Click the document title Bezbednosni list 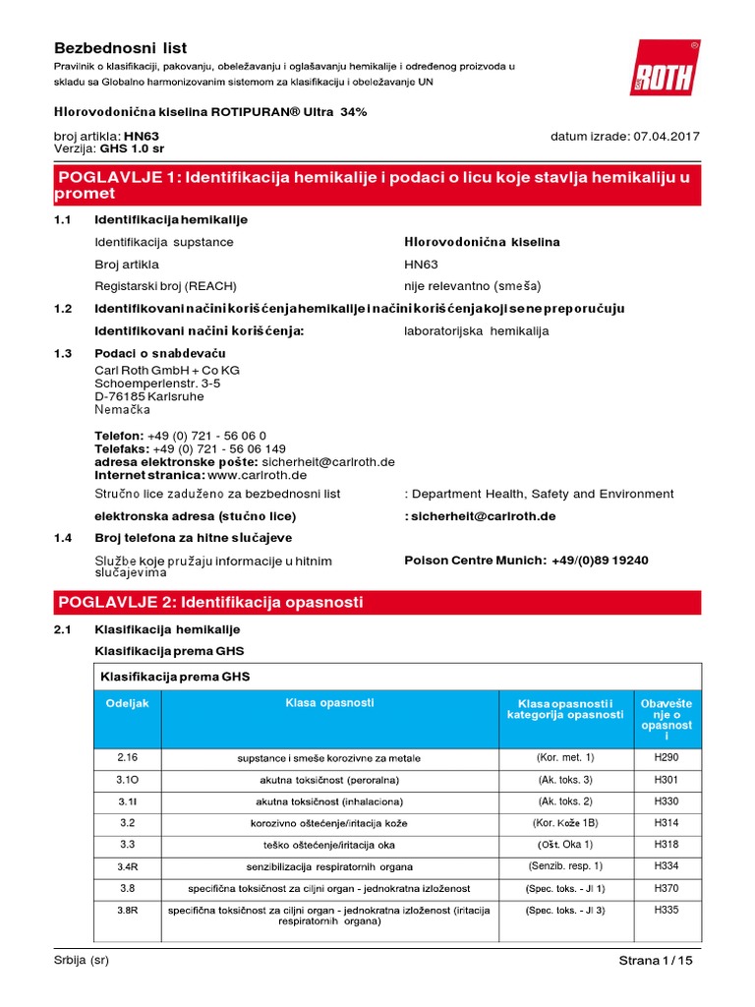119,47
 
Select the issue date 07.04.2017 664,136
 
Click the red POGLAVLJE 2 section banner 377,601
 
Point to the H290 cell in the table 666,757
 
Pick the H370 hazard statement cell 666,888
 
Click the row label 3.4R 128,866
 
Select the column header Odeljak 127,704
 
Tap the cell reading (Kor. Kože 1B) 565,822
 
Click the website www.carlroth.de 259,475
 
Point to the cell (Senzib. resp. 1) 565,865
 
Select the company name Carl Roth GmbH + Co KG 166,369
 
